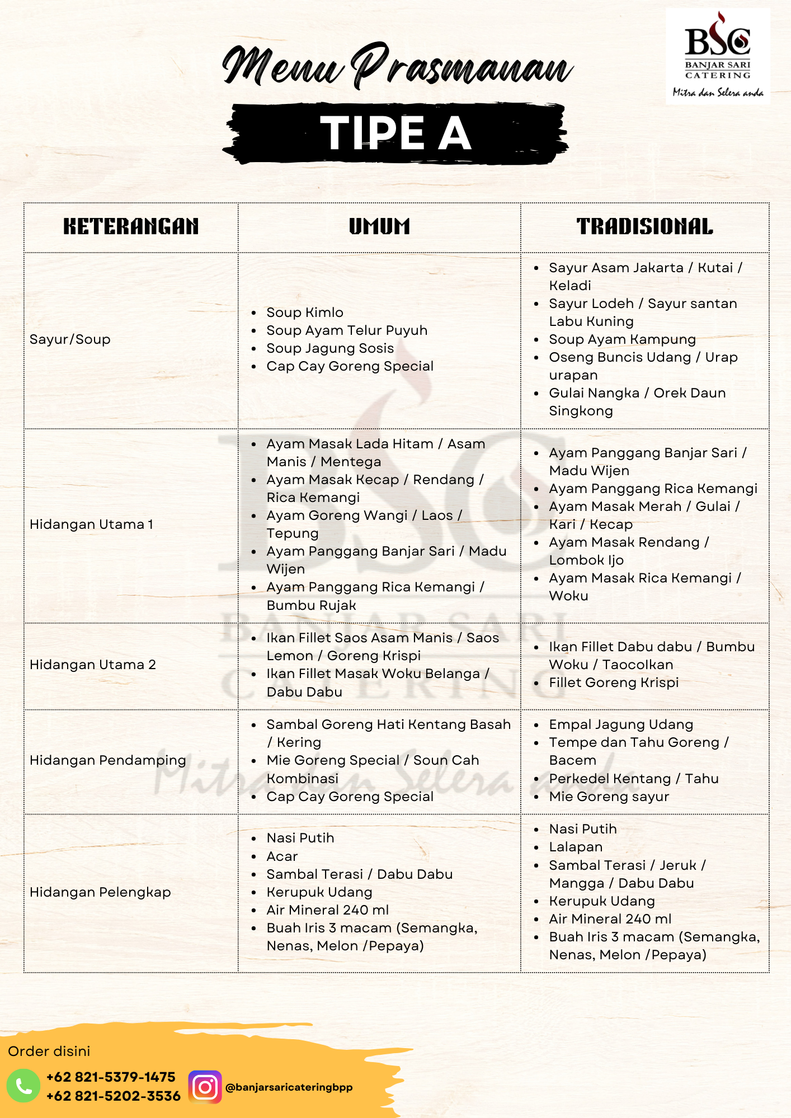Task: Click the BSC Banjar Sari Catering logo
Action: [718, 56]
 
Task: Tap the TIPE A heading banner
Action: [396, 133]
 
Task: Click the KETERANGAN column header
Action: [131, 226]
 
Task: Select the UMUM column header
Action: [379, 226]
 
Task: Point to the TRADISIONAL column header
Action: [644, 226]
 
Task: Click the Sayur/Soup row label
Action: [70, 339]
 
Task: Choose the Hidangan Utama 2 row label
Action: [93, 665]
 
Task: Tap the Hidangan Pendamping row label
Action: [108, 760]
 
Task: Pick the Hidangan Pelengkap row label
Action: [100, 892]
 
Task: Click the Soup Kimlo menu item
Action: [305, 312]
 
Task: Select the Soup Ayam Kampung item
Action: [622, 339]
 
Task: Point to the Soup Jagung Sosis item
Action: [330, 348]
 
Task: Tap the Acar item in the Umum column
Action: [282, 856]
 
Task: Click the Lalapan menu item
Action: [576, 847]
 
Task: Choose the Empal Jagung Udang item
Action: [621, 724]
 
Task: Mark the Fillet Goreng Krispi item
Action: [614, 683]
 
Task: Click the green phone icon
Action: [23, 1086]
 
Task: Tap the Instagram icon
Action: [205, 1087]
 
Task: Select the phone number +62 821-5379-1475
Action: [111, 1077]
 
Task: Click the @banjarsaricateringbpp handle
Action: [289, 1087]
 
